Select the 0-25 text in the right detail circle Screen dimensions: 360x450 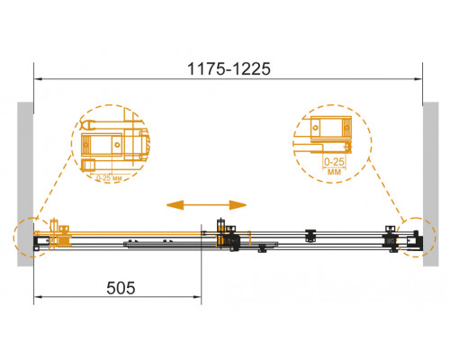pos(334,160)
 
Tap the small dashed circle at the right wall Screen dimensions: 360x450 pos(417,238)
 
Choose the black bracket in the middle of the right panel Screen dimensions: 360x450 pos(310,236)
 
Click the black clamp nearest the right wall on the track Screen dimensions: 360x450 pos(391,238)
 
